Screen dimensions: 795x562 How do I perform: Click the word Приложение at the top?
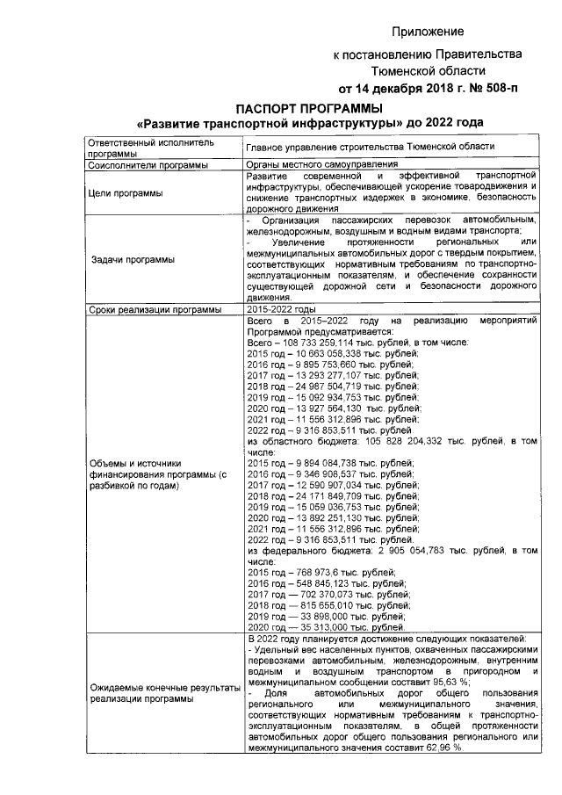coord(428,33)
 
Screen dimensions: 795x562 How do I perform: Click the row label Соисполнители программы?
coord(148,164)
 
